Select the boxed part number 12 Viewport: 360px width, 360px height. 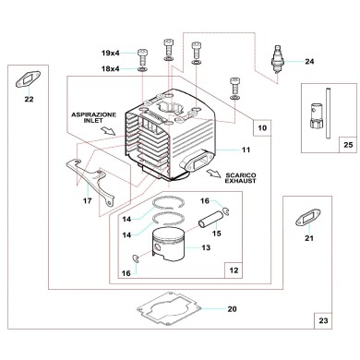(x=234, y=270)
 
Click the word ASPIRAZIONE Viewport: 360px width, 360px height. (x=91, y=113)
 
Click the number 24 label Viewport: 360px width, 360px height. (x=310, y=63)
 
